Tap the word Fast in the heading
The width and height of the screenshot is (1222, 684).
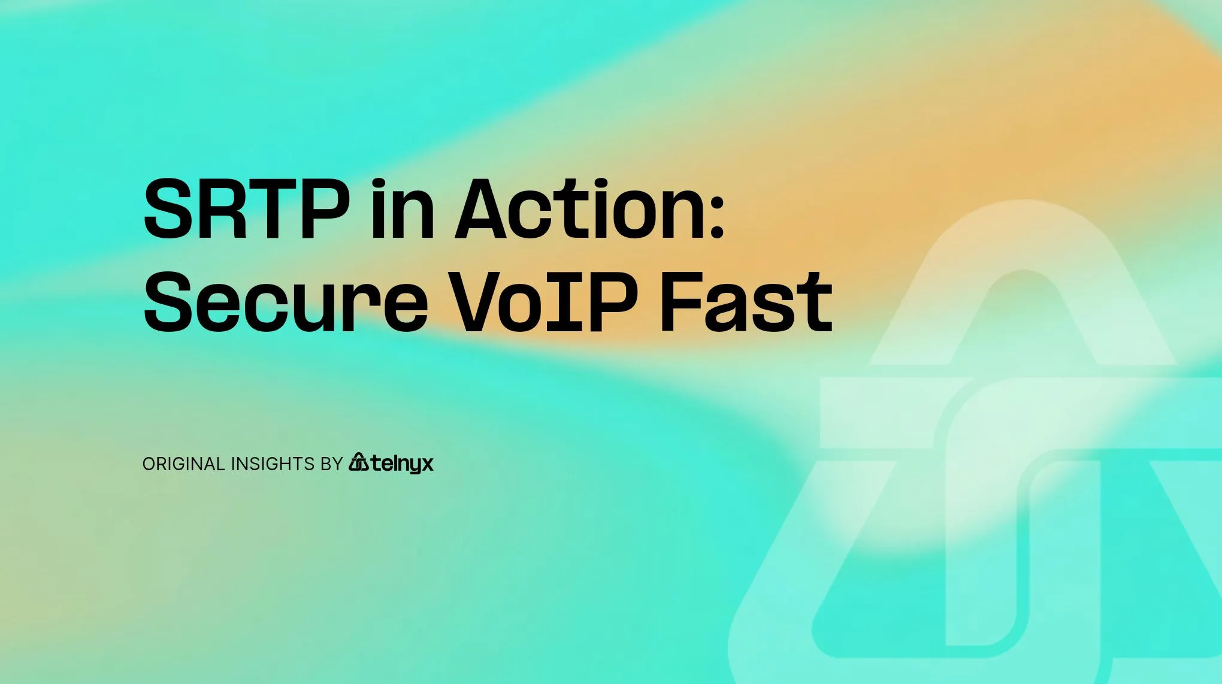746,302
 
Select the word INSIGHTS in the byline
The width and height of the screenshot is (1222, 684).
273,464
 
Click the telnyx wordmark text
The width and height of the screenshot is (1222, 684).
402,464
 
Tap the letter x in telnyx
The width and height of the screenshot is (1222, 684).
425,464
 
